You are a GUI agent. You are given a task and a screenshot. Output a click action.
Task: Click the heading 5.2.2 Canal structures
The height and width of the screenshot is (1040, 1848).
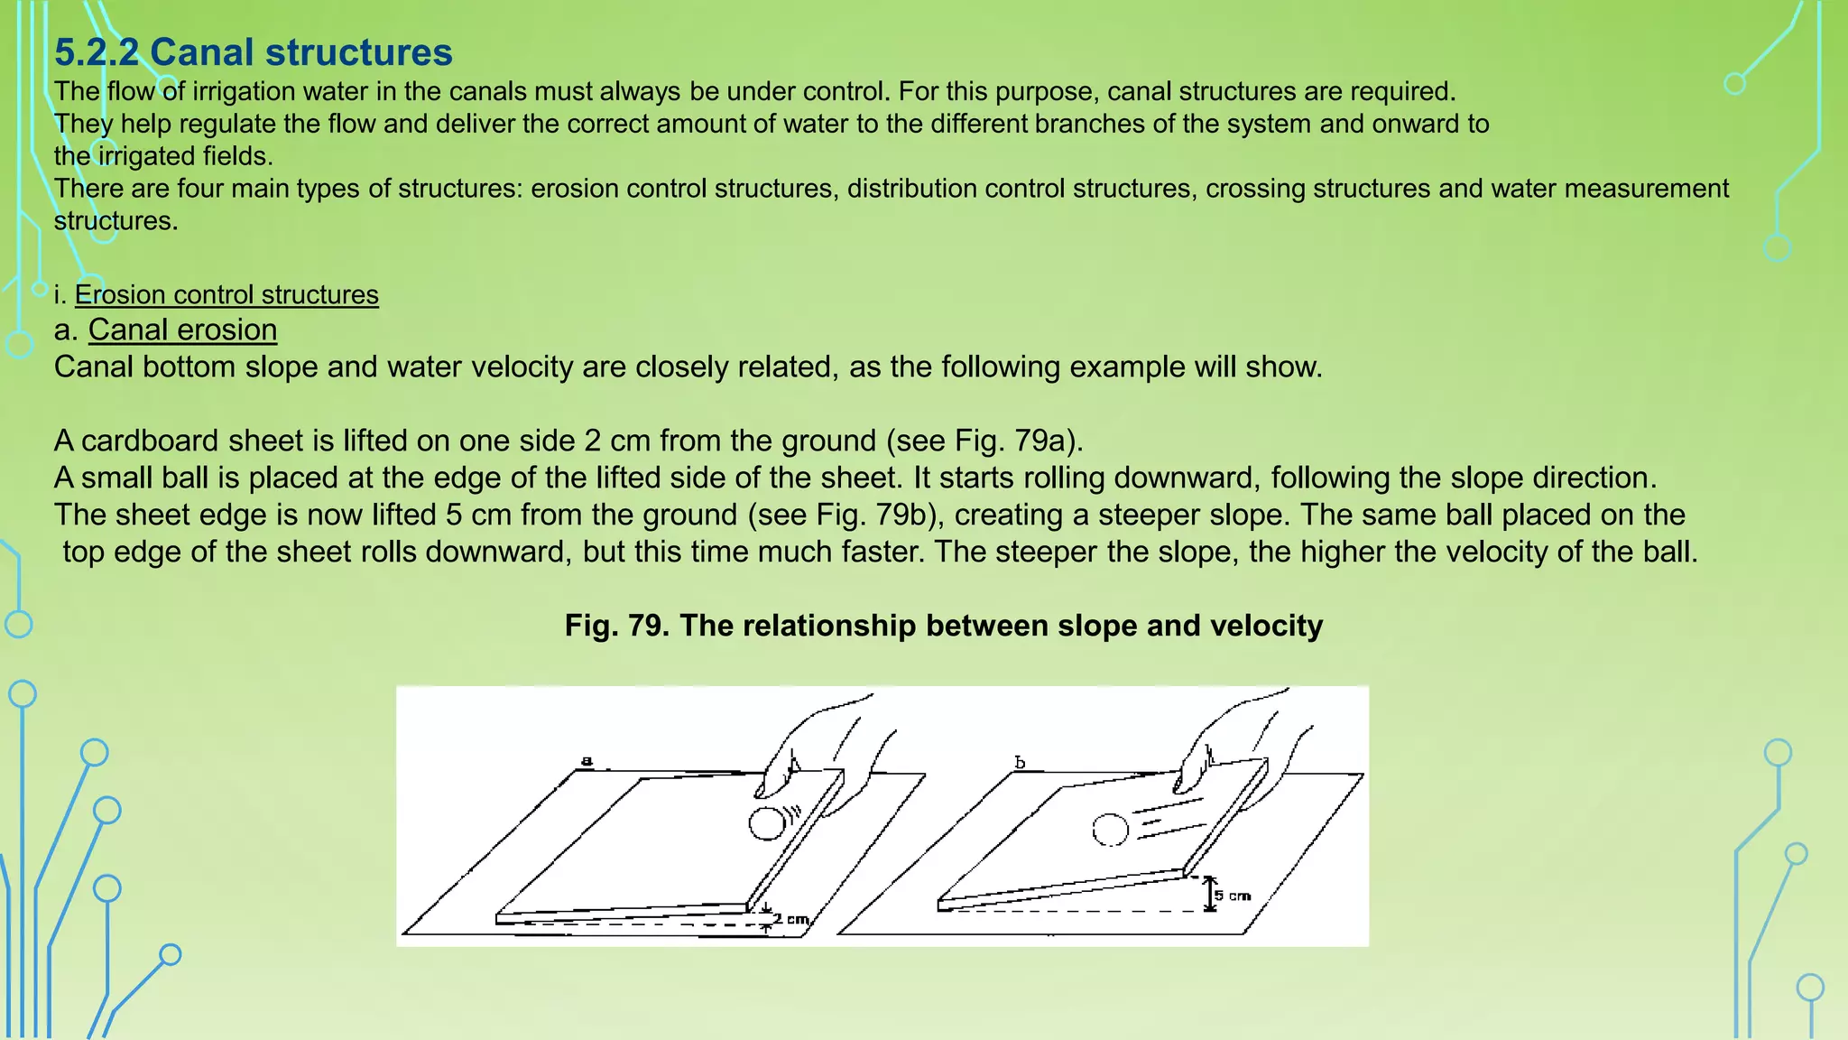click(253, 52)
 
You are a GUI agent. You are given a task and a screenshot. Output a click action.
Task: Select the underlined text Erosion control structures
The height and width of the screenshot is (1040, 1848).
click(226, 295)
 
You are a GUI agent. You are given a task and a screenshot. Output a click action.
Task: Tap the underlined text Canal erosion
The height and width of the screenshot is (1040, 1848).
click(182, 330)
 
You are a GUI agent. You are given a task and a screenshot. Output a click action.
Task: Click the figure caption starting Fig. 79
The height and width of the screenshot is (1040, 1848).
click(943, 626)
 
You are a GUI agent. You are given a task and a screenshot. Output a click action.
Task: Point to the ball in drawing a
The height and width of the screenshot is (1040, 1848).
click(767, 823)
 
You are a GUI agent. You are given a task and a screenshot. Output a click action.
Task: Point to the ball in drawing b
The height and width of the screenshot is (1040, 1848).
click(1110, 830)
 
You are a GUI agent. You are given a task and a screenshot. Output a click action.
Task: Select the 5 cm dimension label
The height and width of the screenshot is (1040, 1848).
click(1233, 896)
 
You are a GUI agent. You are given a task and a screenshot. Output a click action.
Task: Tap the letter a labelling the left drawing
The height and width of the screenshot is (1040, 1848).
click(587, 761)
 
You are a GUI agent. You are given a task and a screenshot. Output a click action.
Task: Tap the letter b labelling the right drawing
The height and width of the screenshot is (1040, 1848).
click(1020, 763)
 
